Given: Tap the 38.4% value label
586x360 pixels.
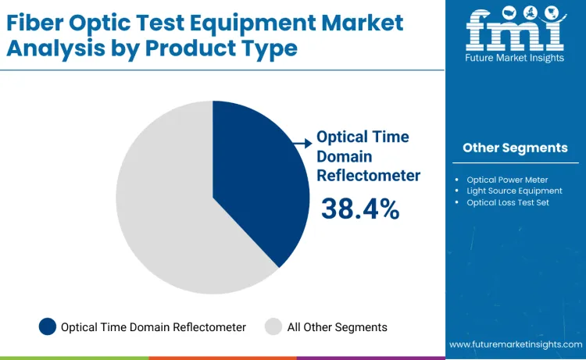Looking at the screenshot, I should click(360, 209).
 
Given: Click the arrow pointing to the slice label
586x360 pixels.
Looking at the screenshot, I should click(302, 143).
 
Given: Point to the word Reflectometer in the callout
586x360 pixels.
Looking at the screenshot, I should click(368, 175).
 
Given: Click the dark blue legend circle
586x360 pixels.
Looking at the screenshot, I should click(48, 327).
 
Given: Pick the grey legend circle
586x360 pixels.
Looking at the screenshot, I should click(273, 327).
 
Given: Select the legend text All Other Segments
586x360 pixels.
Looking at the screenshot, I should click(337, 327).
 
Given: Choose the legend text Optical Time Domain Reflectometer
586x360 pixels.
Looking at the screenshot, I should click(153, 327).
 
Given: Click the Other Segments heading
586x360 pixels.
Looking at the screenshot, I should click(515, 148).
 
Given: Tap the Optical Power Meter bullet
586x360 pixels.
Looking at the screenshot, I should click(507, 179).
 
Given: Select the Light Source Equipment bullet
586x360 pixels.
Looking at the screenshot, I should click(514, 191).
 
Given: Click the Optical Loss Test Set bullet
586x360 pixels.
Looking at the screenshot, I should click(508, 202).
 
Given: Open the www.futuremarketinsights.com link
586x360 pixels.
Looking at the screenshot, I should click(515, 344).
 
